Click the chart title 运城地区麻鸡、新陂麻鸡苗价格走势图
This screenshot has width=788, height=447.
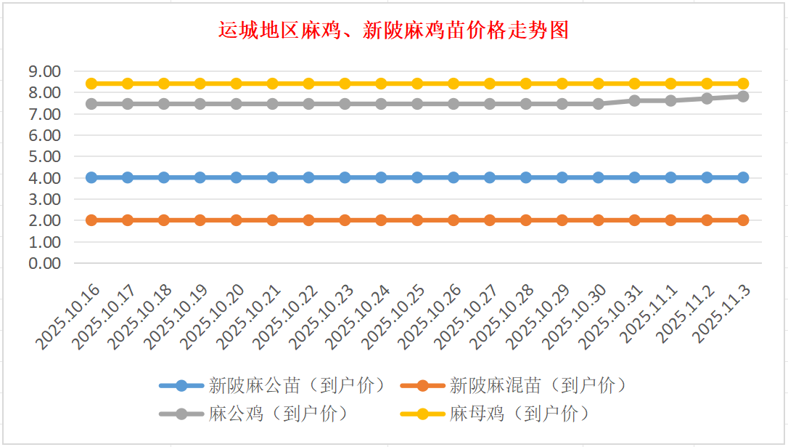[393, 31]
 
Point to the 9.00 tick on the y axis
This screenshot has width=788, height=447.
[44, 71]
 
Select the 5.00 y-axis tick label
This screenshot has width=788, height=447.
[44, 156]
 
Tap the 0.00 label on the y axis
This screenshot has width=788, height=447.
[44, 263]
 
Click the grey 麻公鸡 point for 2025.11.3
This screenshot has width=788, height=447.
[743, 96]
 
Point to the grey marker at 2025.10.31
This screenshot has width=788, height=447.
[634, 100]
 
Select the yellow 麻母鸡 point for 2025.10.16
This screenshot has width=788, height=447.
[91, 84]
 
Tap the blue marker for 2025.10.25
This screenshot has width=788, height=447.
[417, 177]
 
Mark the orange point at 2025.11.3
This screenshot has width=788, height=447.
[743, 220]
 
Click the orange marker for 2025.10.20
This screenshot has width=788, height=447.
[237, 220]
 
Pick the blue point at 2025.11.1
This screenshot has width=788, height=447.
[670, 177]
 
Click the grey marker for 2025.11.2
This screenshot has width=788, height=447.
[707, 98]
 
